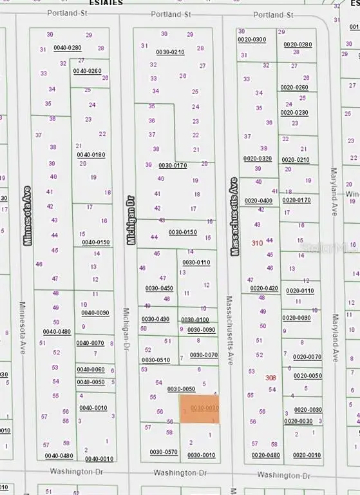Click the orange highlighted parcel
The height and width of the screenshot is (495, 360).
pos(200,409)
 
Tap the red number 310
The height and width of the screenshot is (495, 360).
pos(257,243)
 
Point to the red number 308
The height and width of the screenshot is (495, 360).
pos(270,378)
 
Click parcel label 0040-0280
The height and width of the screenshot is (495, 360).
pos(68,47)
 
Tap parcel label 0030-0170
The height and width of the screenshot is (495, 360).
pos(173,166)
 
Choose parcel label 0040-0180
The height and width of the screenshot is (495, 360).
pos(91,155)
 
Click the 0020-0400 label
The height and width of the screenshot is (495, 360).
pos(258,201)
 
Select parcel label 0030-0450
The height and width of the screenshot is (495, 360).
pos(159,288)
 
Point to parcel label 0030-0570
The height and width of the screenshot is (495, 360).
pos(164,452)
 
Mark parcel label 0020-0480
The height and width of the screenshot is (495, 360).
pos(266,456)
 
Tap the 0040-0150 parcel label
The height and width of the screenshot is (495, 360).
pos(95,242)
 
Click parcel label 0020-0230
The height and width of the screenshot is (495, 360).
pos(294,113)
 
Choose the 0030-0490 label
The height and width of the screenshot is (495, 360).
pos(155,319)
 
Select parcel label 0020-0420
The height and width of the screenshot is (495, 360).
pos(264,289)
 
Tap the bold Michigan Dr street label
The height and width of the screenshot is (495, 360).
pos(131,220)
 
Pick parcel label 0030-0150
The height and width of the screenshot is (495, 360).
pos(182,232)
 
